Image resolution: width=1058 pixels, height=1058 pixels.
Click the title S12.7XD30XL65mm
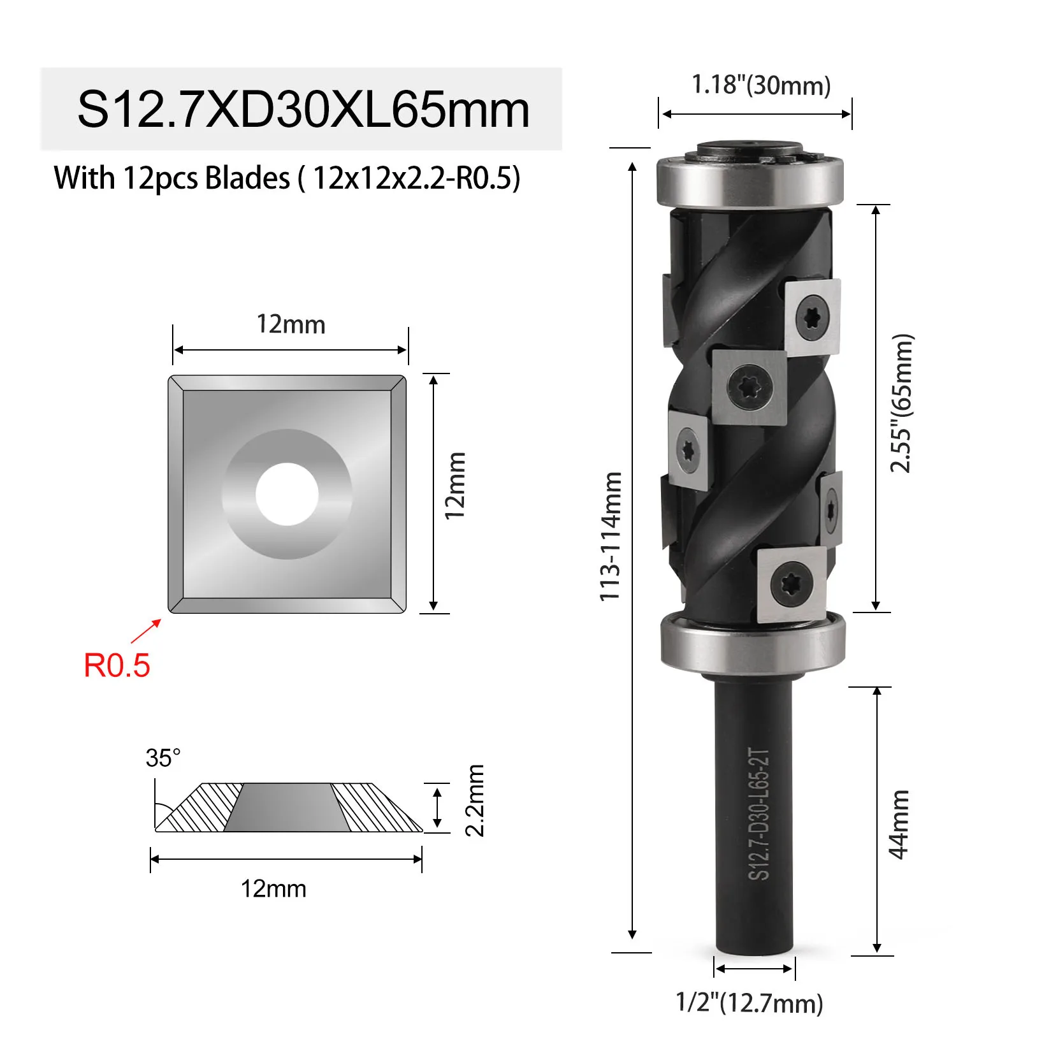(x=303, y=110)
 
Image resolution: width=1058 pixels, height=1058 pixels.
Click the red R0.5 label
(x=117, y=665)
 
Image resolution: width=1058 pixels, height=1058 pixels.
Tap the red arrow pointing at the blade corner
(x=146, y=631)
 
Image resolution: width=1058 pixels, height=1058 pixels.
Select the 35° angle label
(x=163, y=758)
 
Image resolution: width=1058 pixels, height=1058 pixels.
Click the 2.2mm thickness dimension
(x=475, y=801)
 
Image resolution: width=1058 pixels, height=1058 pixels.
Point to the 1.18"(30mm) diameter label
(x=762, y=85)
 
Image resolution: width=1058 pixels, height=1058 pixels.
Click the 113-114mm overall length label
(x=610, y=536)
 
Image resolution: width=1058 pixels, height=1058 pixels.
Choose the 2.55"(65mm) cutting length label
(x=902, y=403)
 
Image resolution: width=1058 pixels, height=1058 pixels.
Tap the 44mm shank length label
(x=899, y=825)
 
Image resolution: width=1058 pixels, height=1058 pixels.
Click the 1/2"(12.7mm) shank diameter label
(x=750, y=1003)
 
